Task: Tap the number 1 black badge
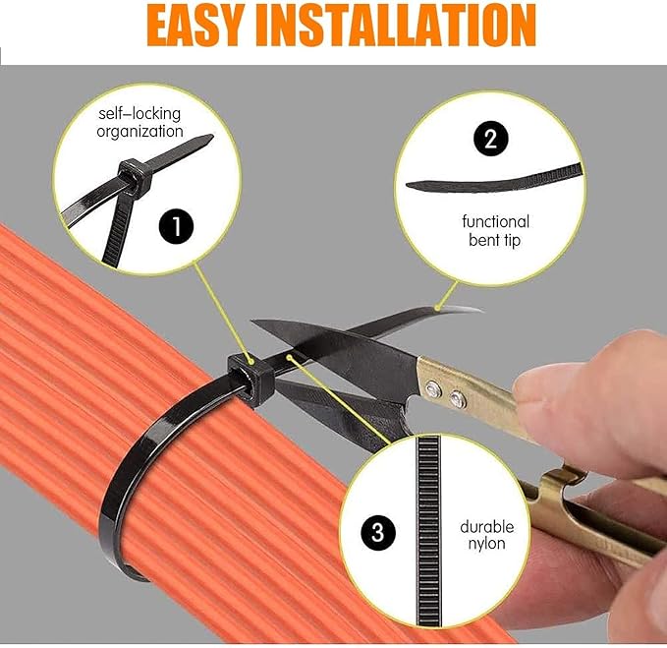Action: [176, 227]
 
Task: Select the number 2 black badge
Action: [490, 138]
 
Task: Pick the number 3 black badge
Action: [378, 533]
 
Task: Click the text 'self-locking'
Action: [139, 114]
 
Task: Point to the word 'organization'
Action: [140, 131]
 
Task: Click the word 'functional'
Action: [496, 221]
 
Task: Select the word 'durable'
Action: [486, 526]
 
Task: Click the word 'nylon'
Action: [486, 544]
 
